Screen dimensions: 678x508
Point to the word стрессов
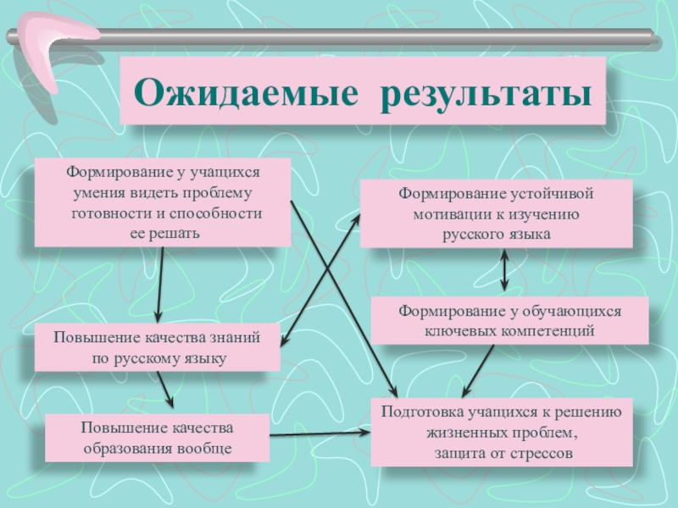pyautogui.click(x=542, y=453)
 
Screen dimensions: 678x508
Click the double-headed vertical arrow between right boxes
pyautogui.click(x=505, y=272)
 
